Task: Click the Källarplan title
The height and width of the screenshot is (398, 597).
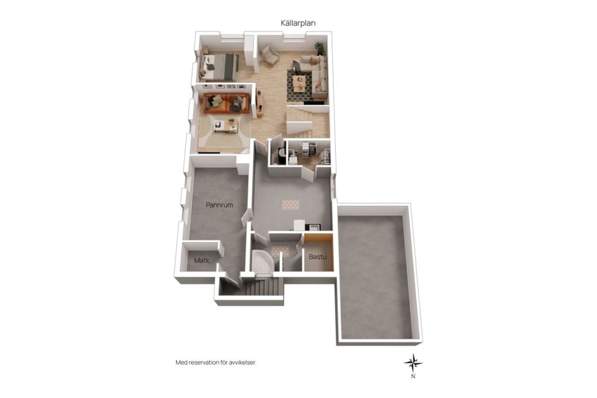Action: (x=298, y=23)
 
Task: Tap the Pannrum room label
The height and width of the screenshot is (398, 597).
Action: (x=220, y=205)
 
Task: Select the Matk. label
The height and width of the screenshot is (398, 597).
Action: (x=203, y=261)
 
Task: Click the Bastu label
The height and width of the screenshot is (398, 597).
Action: (x=318, y=257)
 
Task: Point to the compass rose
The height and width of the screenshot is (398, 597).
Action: (x=413, y=363)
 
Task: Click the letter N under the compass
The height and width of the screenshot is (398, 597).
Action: (x=413, y=377)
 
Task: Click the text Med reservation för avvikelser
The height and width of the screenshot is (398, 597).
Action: (x=216, y=363)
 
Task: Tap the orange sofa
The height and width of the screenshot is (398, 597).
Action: (x=226, y=103)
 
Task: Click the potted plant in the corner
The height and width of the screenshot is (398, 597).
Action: (x=320, y=49)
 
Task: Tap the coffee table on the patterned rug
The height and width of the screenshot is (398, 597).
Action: (x=299, y=84)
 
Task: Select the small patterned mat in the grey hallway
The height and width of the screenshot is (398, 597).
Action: (x=290, y=205)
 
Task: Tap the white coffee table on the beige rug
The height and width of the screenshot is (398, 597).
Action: (x=226, y=126)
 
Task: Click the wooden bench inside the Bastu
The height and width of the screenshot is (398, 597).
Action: (x=318, y=238)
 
